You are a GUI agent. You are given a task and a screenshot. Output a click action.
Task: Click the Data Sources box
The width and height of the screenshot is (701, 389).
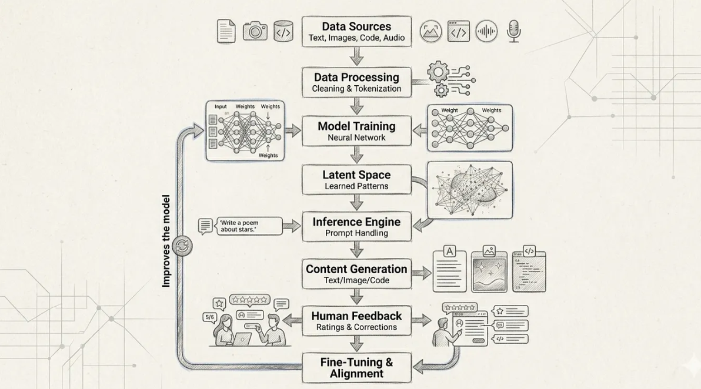click(356, 32)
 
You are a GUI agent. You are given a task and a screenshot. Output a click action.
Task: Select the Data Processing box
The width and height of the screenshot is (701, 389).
click(356, 82)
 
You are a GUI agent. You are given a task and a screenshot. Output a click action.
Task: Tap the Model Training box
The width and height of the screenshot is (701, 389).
click(356, 131)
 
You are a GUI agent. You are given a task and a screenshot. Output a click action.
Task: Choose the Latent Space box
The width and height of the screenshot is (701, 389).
click(356, 180)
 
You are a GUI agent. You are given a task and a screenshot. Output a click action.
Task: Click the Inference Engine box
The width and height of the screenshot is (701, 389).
click(356, 227)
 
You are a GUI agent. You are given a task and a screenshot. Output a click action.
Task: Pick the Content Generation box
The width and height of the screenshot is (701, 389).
click(356, 274)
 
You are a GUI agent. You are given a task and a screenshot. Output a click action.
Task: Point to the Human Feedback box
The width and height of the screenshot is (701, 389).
click(356, 321)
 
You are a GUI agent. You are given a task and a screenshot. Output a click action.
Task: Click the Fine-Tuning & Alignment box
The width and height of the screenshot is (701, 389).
click(356, 368)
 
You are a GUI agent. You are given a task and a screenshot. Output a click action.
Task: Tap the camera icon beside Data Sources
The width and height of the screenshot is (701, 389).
click(255, 31)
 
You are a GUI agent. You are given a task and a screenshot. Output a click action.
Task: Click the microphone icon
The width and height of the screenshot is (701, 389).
click(514, 31)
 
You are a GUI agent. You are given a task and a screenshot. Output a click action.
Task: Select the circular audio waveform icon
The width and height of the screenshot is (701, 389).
click(486, 31)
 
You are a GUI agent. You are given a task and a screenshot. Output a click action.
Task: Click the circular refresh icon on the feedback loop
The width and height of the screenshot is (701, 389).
click(183, 246)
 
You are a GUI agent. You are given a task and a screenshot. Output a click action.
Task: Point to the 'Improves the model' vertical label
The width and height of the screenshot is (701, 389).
click(166, 241)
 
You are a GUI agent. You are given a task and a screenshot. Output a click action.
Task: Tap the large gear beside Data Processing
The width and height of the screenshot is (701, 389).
click(438, 72)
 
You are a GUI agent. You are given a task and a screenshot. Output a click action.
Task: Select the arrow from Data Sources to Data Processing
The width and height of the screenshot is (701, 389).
click(356, 57)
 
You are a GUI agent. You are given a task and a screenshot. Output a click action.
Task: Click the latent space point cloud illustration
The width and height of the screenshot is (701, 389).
click(470, 190)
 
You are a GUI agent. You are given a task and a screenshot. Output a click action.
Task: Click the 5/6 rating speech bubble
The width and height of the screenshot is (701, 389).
click(209, 317)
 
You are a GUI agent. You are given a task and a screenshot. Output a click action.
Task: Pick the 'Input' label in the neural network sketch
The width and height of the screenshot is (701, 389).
click(221, 107)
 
